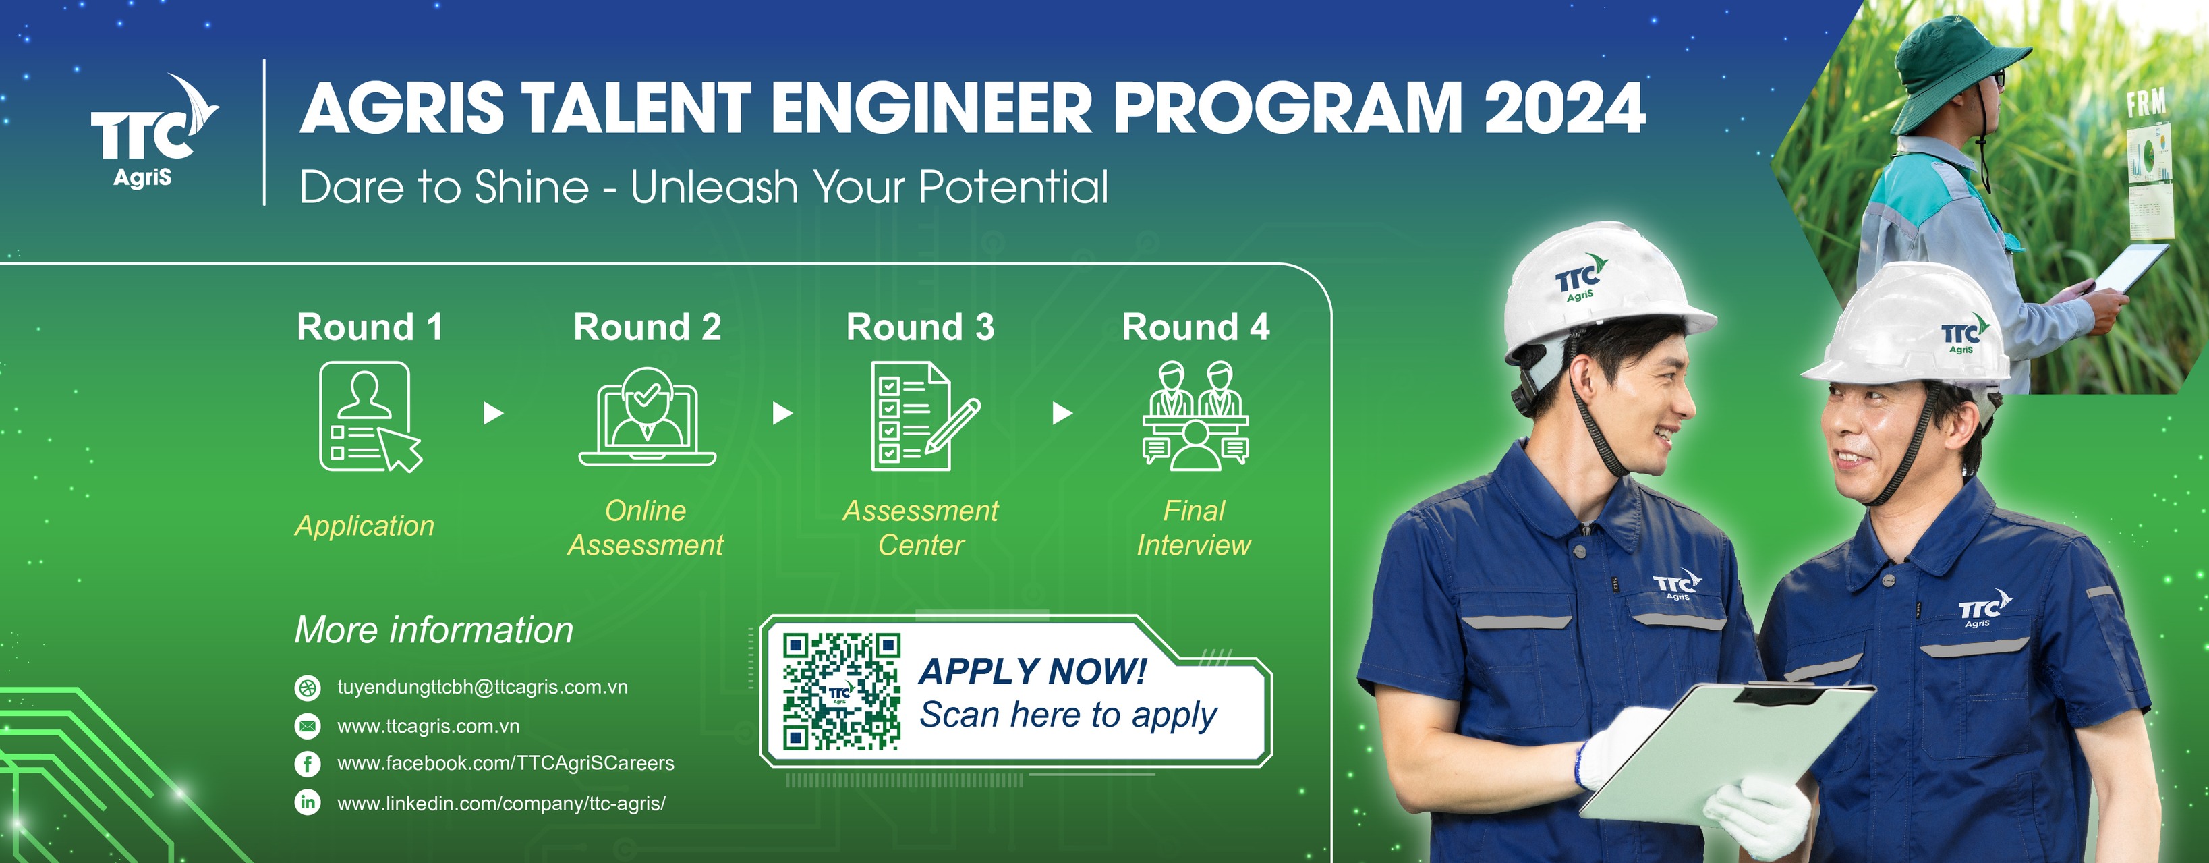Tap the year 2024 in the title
1564,108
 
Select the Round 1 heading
370,327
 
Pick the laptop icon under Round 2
647,417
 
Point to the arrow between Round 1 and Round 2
493,414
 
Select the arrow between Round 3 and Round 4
1062,414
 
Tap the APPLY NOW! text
1033,671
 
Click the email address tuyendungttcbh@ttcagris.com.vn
482,687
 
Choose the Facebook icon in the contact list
307,764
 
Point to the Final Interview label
1194,528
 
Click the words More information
434,630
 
